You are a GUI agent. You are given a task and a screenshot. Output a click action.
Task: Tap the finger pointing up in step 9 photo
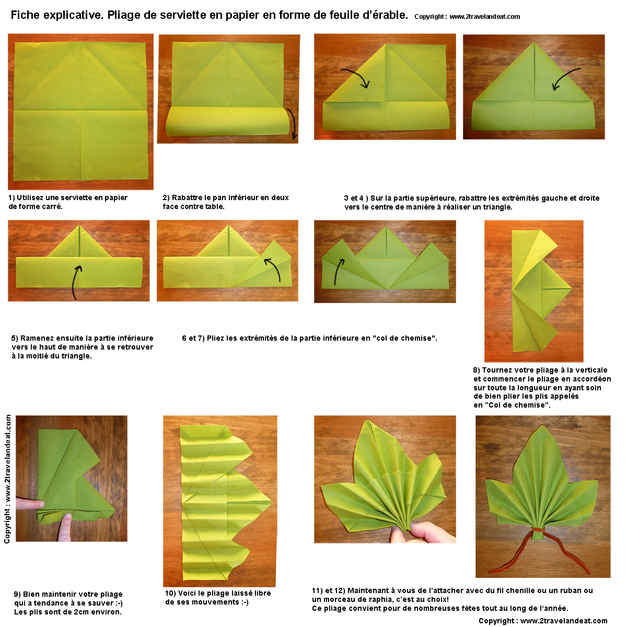click(65, 527)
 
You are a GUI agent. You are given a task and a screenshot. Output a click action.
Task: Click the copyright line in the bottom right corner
click(543, 621)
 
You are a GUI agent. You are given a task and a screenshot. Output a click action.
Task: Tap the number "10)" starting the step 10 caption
click(170, 593)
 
